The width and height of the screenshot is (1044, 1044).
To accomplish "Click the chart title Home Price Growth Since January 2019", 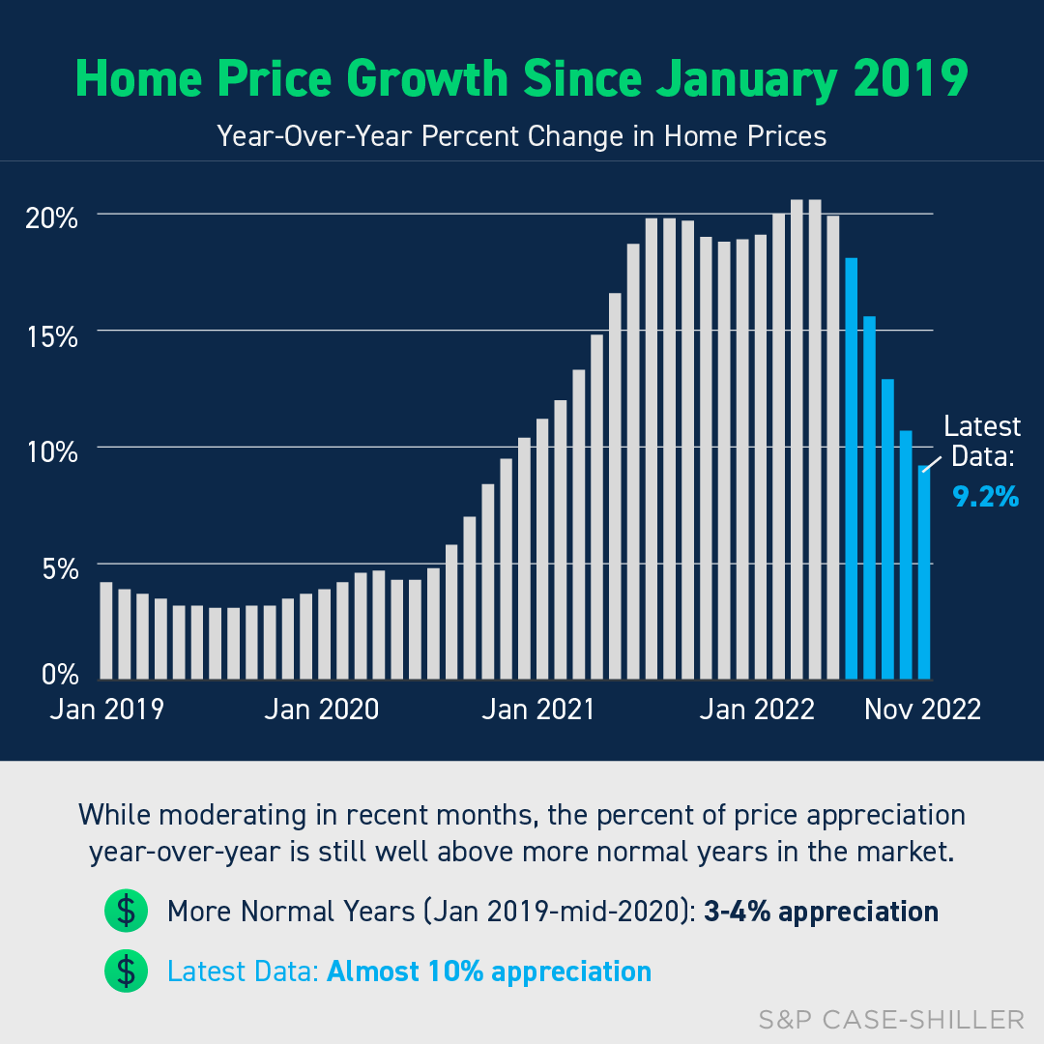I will point(521,79).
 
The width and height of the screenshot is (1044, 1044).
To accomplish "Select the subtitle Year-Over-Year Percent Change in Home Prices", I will point(521,135).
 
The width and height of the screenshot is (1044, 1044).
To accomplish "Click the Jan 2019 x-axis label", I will point(106,709).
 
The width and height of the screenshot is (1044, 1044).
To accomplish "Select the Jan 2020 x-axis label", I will point(322,709).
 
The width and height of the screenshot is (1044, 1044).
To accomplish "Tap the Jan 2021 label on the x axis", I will point(538,709).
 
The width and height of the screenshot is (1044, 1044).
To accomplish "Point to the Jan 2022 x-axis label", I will point(757,709).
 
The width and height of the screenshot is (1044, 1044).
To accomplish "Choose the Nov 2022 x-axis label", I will point(922,709).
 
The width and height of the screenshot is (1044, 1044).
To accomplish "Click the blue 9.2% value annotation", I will point(985,497).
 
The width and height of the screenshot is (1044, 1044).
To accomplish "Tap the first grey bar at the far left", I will point(106,630).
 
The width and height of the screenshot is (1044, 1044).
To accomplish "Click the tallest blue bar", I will point(852,468).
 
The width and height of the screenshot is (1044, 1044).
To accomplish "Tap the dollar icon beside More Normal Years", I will point(126,912).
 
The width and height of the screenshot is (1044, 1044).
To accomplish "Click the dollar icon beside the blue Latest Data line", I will point(126,971).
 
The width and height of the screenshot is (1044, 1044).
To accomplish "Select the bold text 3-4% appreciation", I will point(821,912).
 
